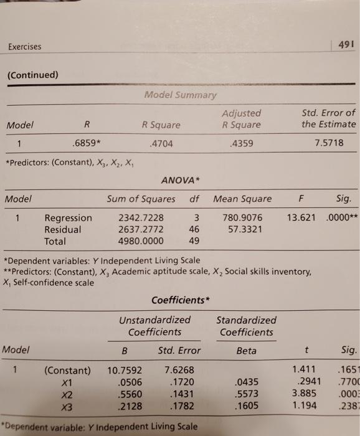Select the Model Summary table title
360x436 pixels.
click(181, 95)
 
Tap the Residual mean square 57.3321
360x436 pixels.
click(242, 230)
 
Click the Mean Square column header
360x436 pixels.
click(242, 199)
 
